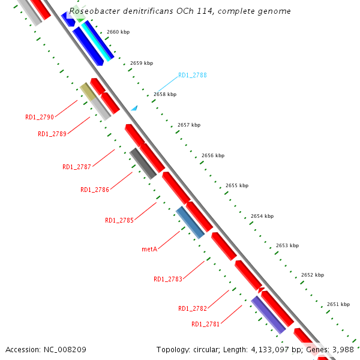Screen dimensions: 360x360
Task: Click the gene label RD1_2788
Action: point(192,76)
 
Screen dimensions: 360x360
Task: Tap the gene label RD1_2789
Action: point(52,134)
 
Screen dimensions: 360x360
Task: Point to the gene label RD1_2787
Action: point(77,167)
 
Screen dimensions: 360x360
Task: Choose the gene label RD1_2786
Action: point(95,190)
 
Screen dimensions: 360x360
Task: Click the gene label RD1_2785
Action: point(119,220)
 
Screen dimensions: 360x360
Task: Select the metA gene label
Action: point(149,248)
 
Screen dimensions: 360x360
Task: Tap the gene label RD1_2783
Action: point(168,279)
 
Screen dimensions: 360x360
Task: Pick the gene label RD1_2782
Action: point(193,308)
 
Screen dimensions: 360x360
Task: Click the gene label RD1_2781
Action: point(206,324)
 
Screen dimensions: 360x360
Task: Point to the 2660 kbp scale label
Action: point(118,32)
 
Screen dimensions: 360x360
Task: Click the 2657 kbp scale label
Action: point(189,125)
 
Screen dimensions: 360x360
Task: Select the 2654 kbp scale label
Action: point(262,216)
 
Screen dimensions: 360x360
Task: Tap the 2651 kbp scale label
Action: point(338,304)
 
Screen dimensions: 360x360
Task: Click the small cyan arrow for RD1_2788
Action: point(135,108)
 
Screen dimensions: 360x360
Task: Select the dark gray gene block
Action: point(143,163)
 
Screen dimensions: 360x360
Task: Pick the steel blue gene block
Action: point(190,222)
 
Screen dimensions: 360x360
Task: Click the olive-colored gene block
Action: point(88,92)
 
